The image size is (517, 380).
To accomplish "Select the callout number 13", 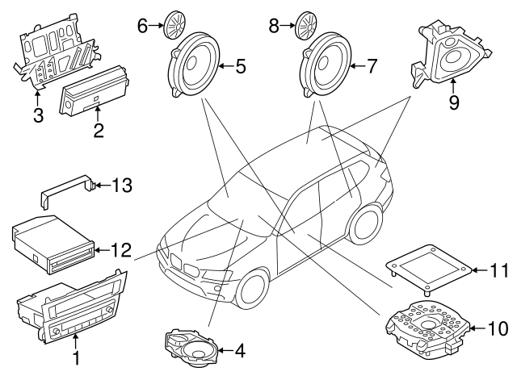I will click(121, 186).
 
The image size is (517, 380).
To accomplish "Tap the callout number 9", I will click(453, 103).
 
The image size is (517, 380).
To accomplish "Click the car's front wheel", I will click(247, 291).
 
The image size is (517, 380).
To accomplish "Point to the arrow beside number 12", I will click(99, 251).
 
